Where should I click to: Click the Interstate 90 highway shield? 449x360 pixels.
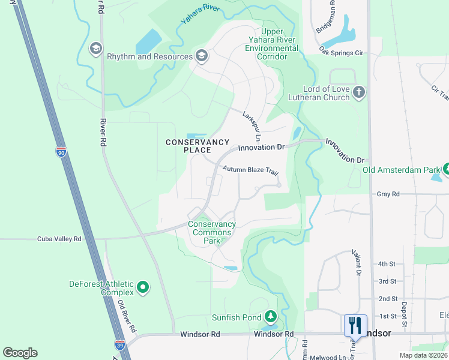(61, 152)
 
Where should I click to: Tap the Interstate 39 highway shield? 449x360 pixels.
(119, 344)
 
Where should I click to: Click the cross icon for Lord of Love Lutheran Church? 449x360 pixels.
(359, 92)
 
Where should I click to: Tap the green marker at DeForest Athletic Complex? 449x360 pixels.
(143, 288)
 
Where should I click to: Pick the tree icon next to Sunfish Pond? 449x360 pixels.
(271, 316)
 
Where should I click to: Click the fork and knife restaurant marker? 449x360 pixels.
(355, 326)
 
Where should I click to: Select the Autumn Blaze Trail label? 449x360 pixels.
(250, 170)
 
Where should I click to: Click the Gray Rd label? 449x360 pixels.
(388, 194)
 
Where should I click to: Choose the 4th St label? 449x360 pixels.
(387, 263)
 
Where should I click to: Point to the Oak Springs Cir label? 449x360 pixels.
(342, 52)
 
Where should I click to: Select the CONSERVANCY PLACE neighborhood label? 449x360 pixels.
(197, 146)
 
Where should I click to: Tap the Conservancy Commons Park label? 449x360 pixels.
(212, 233)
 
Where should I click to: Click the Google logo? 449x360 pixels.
(20, 353)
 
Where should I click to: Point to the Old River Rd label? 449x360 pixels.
(126, 317)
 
